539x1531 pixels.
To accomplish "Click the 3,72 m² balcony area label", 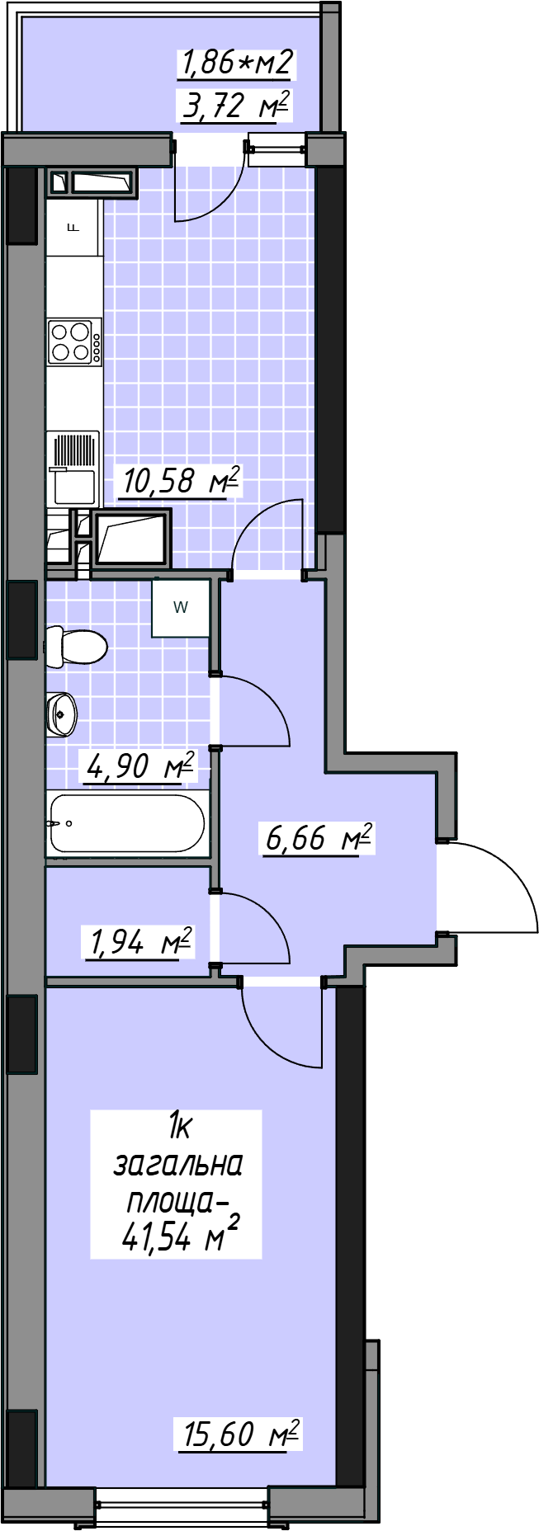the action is (235, 106).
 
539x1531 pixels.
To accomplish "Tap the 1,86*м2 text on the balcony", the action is (235, 63).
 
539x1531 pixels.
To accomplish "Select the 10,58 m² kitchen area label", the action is (180, 481).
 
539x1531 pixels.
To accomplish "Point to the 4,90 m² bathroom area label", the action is (139, 766).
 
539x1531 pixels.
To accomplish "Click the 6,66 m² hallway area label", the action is (318, 838).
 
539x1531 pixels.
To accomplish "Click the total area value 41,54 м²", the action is (180, 1235).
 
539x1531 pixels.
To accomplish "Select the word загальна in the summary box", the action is (177, 1165).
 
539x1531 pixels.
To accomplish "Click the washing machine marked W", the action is (181, 608).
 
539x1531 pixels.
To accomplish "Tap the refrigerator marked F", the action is (73, 227).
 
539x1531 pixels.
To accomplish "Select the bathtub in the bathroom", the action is (127, 823).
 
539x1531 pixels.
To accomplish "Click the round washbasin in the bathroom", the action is (62, 714).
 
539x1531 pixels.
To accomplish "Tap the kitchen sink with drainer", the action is (73, 469).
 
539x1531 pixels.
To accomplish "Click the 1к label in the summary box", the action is (179, 1124).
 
